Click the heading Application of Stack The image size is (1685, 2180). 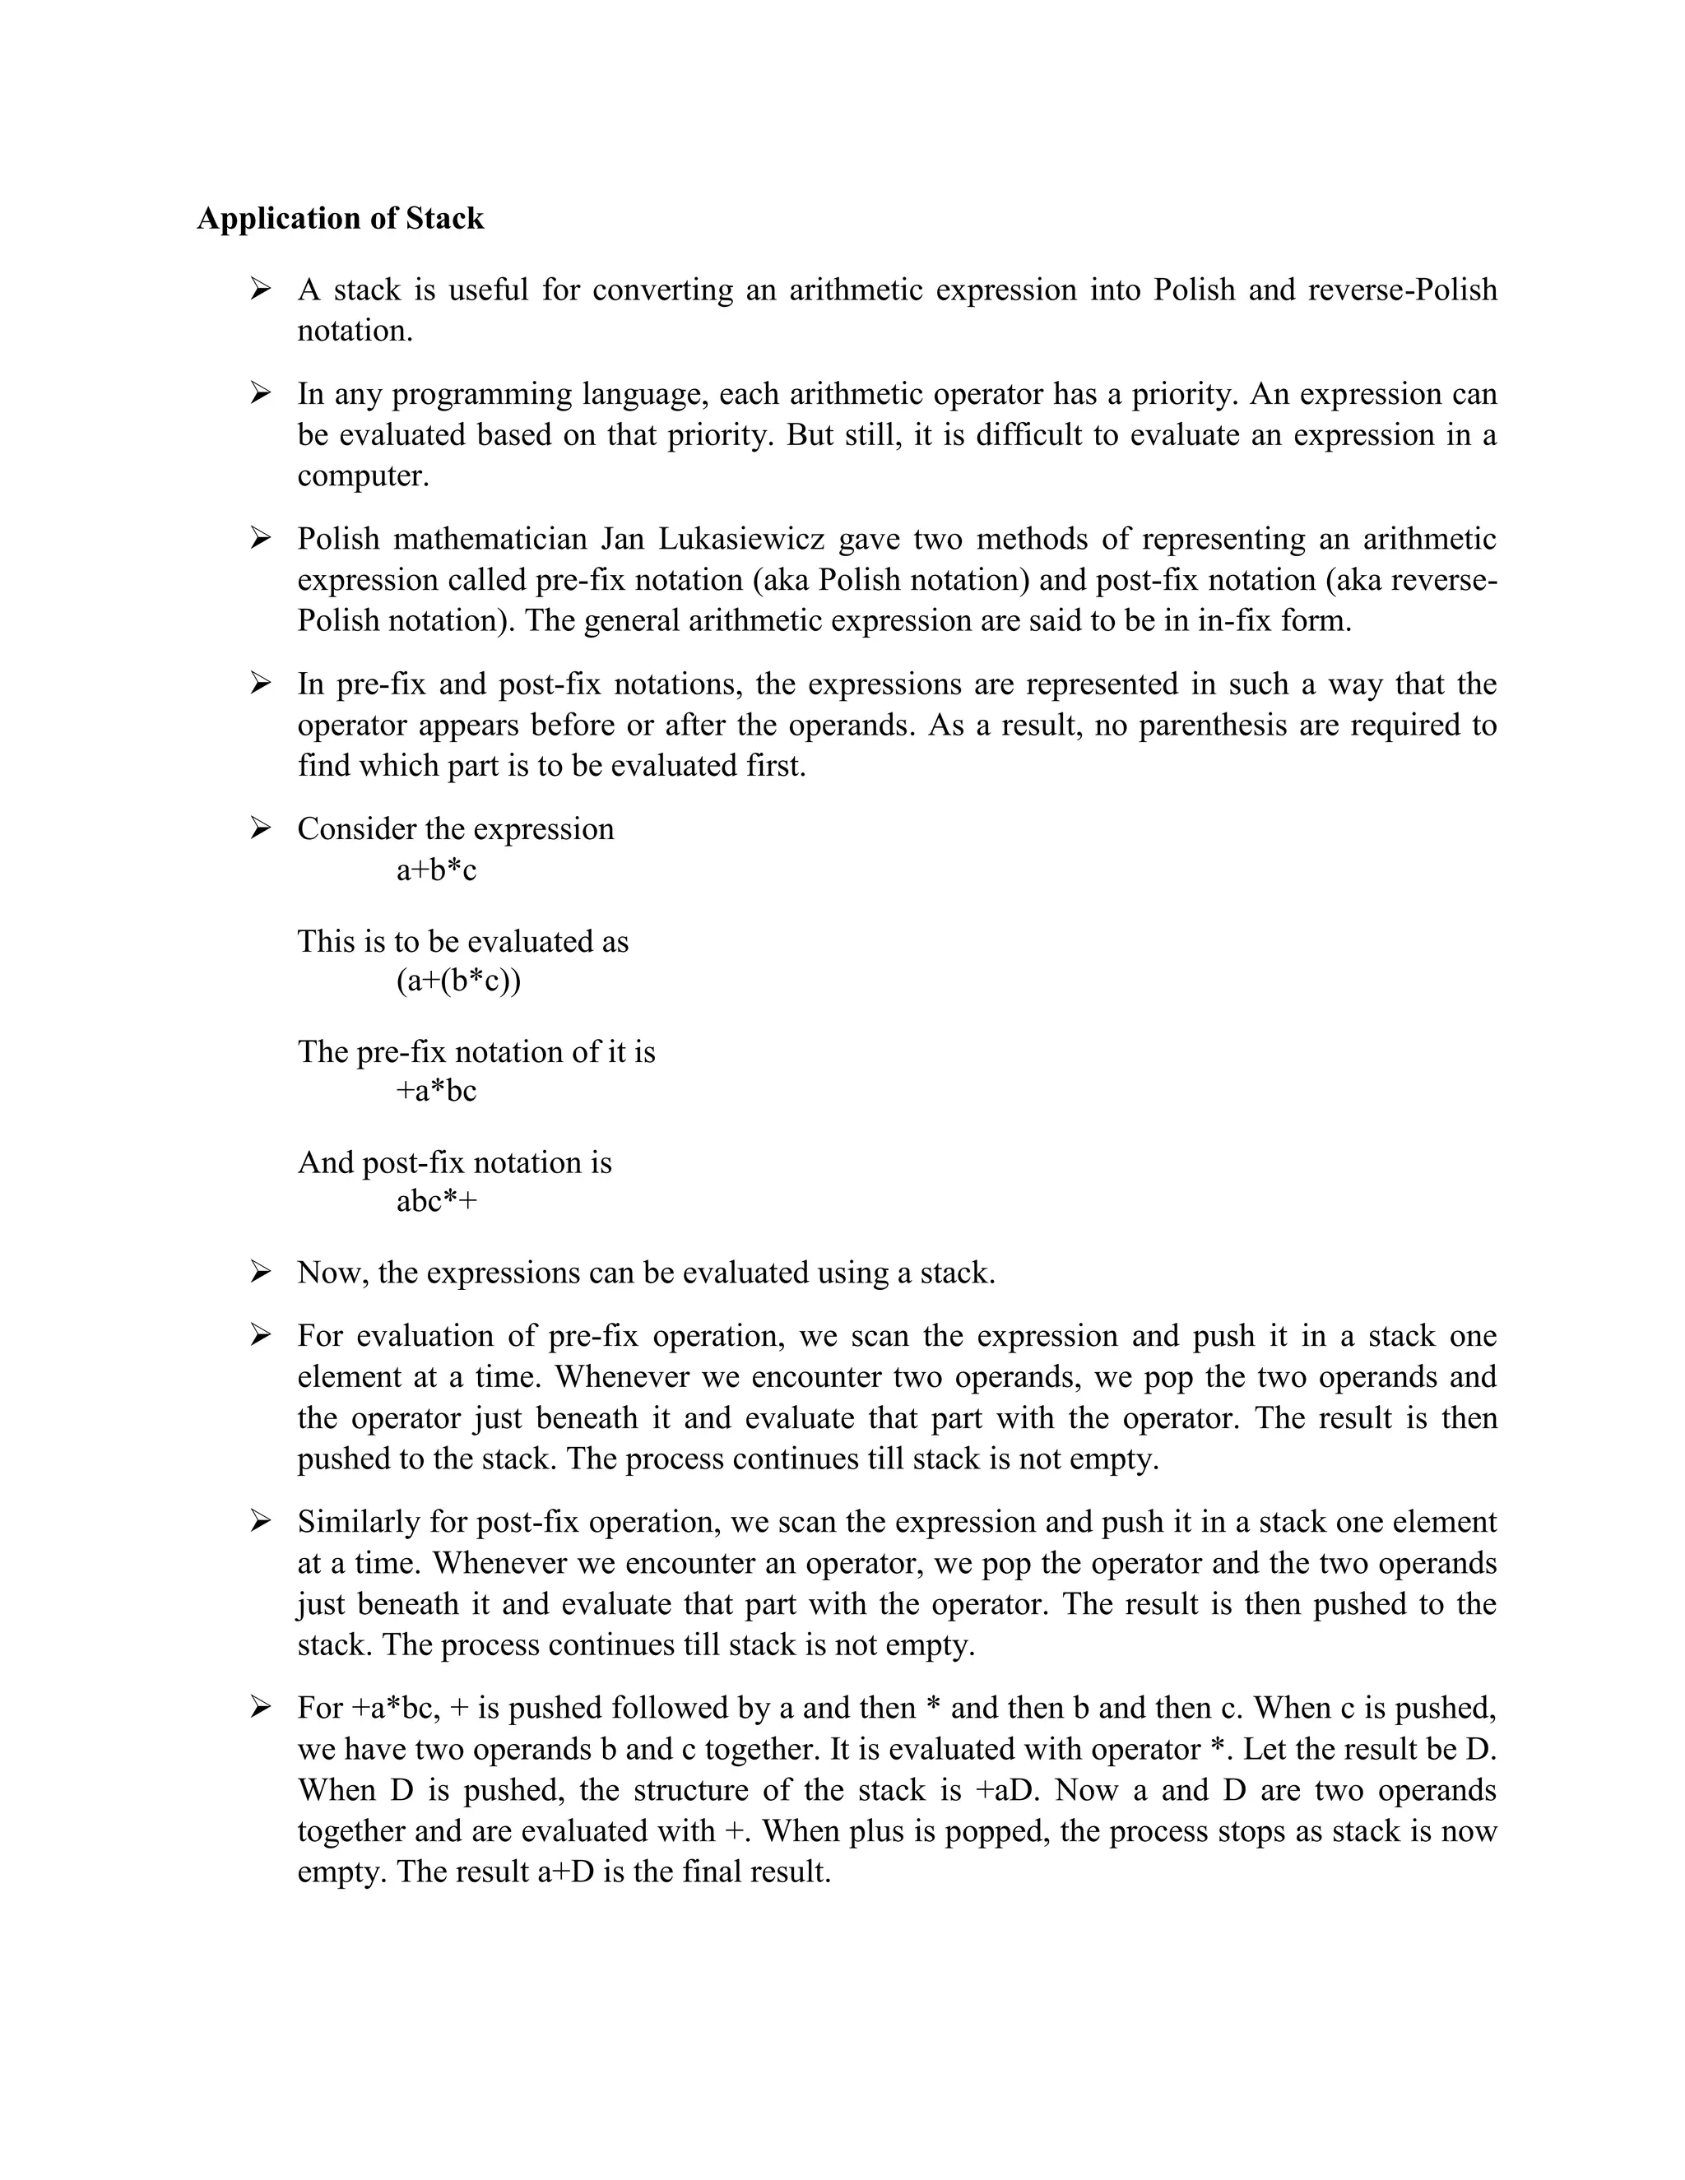point(340,219)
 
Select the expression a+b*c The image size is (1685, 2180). point(436,870)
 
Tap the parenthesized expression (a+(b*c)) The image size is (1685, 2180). point(458,981)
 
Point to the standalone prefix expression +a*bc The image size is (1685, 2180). point(436,1091)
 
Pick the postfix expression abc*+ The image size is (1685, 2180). point(436,1201)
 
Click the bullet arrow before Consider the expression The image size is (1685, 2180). point(261,828)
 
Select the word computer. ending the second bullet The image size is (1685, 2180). point(364,476)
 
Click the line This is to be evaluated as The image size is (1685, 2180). point(463,941)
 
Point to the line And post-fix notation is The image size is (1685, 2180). point(454,1163)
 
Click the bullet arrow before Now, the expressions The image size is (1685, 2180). point(261,1273)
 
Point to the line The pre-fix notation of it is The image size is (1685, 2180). point(476,1052)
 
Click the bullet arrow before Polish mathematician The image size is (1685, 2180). point(261,539)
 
